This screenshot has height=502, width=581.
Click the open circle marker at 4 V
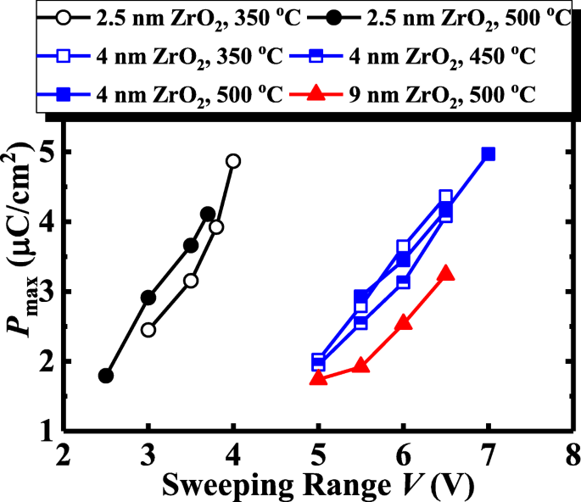tap(233, 161)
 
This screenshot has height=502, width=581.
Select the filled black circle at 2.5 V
tap(106, 376)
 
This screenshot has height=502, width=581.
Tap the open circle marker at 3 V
tap(148, 329)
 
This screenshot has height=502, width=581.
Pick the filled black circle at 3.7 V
tap(208, 214)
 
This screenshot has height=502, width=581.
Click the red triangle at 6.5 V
tap(445, 273)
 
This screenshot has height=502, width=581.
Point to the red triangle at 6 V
tap(403, 322)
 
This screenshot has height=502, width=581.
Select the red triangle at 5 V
tap(318, 377)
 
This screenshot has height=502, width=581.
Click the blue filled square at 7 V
tap(488, 154)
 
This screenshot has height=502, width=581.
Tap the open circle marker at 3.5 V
tap(191, 280)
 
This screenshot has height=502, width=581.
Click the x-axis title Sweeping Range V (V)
tap(317, 485)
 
